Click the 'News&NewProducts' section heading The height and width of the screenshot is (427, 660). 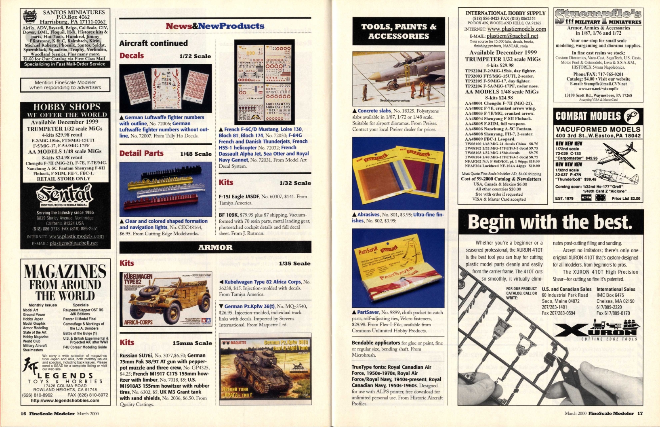pos(215,26)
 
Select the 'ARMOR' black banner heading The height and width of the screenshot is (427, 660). pos(215,247)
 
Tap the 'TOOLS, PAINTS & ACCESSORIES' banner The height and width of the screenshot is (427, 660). pos(398,31)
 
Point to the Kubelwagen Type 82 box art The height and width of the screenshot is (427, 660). pos(166,299)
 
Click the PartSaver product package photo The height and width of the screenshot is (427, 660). pos(398,268)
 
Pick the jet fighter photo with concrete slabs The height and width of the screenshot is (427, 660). pos(398,78)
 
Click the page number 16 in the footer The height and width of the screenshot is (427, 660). pos(24,414)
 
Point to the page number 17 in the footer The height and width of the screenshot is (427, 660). pos(640,413)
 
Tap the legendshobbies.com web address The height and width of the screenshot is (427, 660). pos(65,401)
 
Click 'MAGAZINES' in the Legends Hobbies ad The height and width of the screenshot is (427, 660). pos(65,271)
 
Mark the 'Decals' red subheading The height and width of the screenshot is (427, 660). pos(132,55)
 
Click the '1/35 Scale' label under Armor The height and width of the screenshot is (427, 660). pos(294,264)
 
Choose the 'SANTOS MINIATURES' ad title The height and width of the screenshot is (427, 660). pos(74,13)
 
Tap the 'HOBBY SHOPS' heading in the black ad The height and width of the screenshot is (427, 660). pos(67,107)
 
